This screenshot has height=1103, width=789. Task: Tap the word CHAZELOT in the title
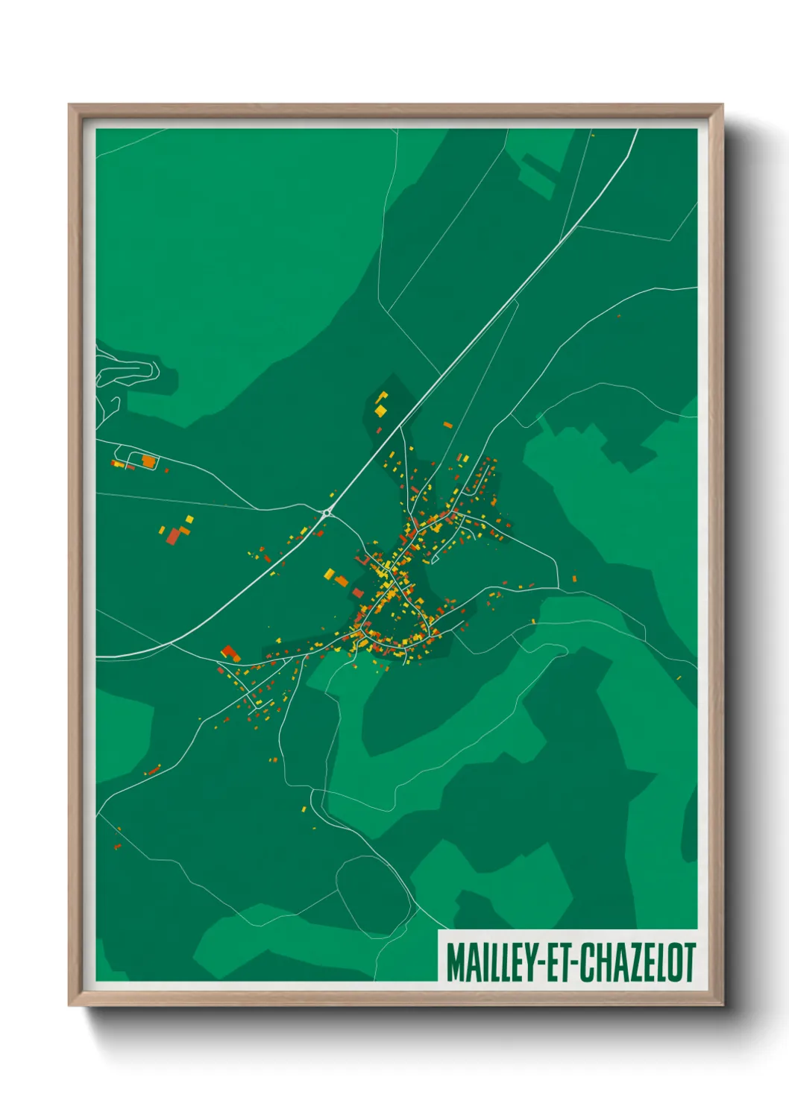tap(638, 962)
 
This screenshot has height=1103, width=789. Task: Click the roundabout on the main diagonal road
tap(327, 512)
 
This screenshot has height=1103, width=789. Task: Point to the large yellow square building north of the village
tap(380, 410)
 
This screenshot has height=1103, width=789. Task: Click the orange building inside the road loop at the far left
tap(148, 461)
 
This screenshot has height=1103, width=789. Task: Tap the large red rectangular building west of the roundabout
tap(174, 536)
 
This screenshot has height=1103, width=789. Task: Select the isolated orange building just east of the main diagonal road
tap(447, 425)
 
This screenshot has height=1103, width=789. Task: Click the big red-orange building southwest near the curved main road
tap(230, 654)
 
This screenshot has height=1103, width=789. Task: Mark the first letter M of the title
tap(454, 962)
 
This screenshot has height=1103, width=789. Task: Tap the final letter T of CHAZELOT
tap(690, 962)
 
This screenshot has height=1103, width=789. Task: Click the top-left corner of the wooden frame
tap(69, 105)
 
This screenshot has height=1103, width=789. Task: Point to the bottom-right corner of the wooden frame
tap(722, 1005)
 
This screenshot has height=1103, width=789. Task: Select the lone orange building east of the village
tap(574, 578)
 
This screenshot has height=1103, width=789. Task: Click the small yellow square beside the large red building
tap(189, 519)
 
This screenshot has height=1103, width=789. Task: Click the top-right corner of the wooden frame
tap(722, 105)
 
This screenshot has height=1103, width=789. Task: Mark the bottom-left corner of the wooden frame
tap(69, 1005)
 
